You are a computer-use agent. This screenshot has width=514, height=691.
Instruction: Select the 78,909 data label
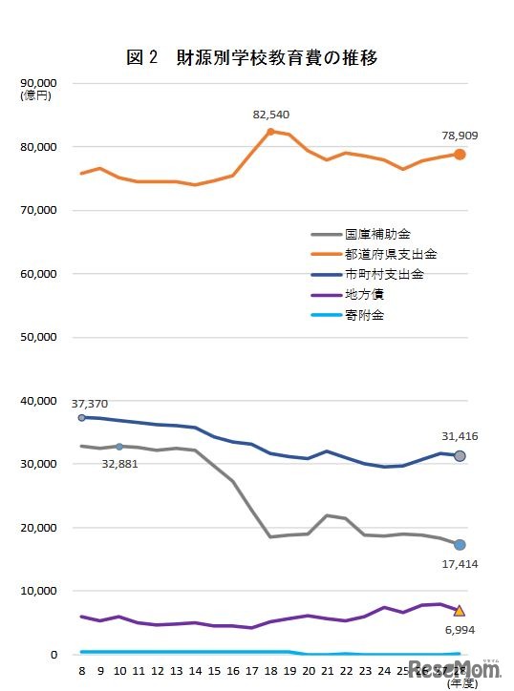(x=460, y=136)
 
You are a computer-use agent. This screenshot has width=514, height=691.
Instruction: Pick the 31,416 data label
(x=460, y=437)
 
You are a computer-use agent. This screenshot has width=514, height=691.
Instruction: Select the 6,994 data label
(x=460, y=630)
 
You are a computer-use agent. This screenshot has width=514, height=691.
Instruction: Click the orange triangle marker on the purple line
(x=460, y=610)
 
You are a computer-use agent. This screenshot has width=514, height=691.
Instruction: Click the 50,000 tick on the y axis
(x=39, y=338)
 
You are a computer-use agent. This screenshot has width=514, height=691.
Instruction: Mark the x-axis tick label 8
(x=81, y=672)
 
